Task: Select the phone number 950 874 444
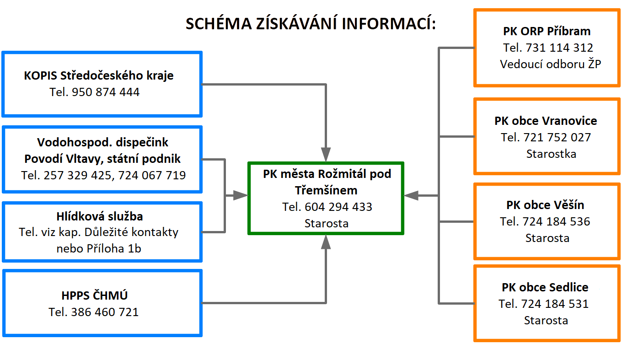pos(106,92)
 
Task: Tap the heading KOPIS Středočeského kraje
pos(99,75)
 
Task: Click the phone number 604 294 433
pos(339,207)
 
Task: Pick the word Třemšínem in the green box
pos(326,190)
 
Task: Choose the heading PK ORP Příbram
pos(547,31)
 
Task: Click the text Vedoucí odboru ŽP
pos(551,64)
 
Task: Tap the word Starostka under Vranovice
pos(551,154)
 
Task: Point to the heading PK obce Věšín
pos(545,205)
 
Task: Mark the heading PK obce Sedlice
pos(545,287)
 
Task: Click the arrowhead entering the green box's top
pos(326,154)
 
